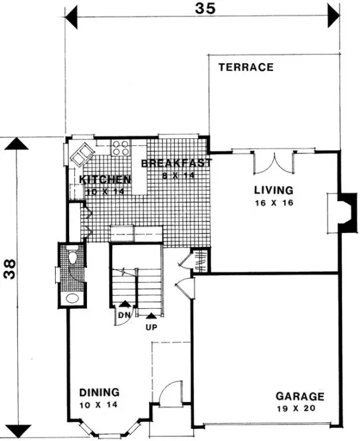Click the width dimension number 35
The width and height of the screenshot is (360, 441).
[205, 9]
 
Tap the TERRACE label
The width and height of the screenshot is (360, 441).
[246, 67]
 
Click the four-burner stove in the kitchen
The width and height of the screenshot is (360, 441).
[121, 147]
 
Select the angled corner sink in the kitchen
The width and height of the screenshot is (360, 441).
[82, 154]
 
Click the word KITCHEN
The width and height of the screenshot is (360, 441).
[104, 180]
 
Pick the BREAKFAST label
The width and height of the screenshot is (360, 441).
[176, 163]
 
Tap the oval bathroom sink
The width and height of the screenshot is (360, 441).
[72, 297]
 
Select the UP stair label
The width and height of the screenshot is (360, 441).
[152, 327]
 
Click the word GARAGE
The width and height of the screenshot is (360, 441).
[300, 397]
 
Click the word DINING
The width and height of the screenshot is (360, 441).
[99, 391]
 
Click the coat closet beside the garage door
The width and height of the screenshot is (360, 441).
[201, 260]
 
